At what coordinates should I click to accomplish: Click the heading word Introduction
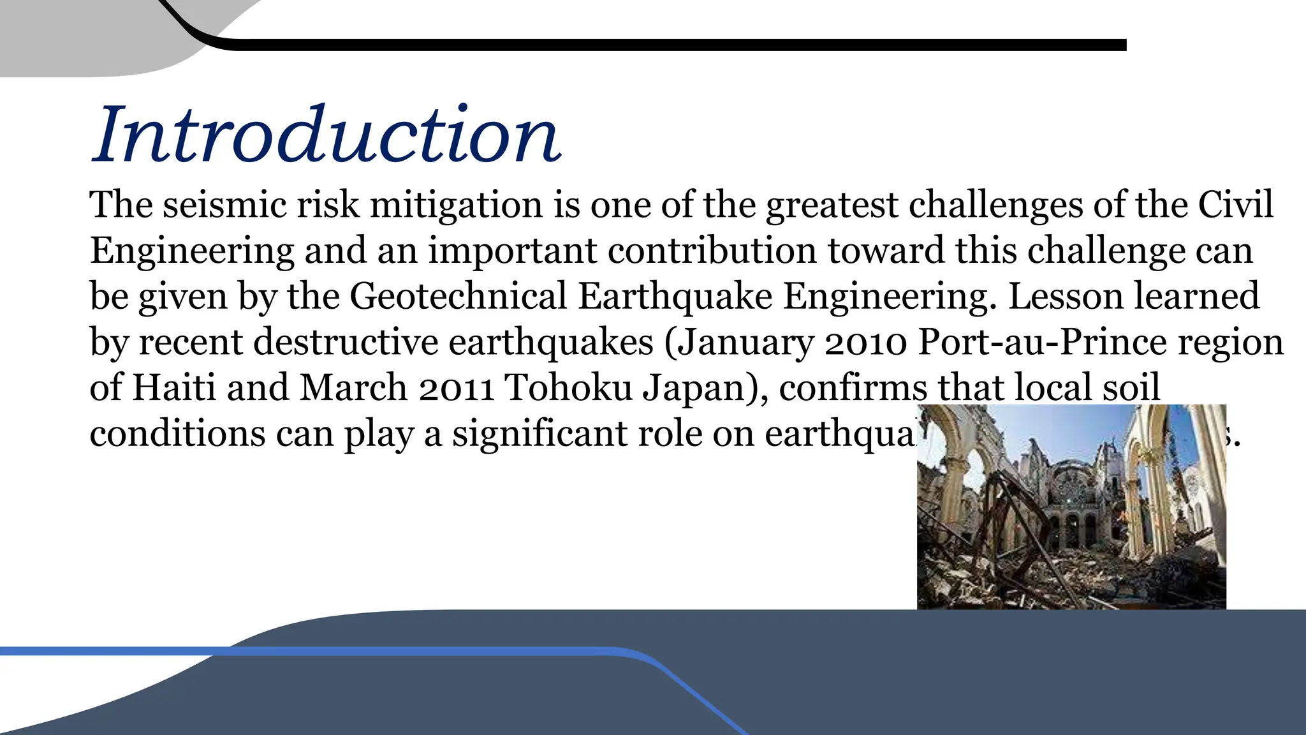coord(326,134)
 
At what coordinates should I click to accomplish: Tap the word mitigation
coord(456,205)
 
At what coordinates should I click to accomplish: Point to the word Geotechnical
coord(458,297)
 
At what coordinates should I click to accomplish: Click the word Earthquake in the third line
coord(675,297)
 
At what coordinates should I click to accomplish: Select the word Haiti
coord(173,388)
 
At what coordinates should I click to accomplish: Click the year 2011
coord(456,388)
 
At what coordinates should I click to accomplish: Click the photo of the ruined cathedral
coord(1071,507)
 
